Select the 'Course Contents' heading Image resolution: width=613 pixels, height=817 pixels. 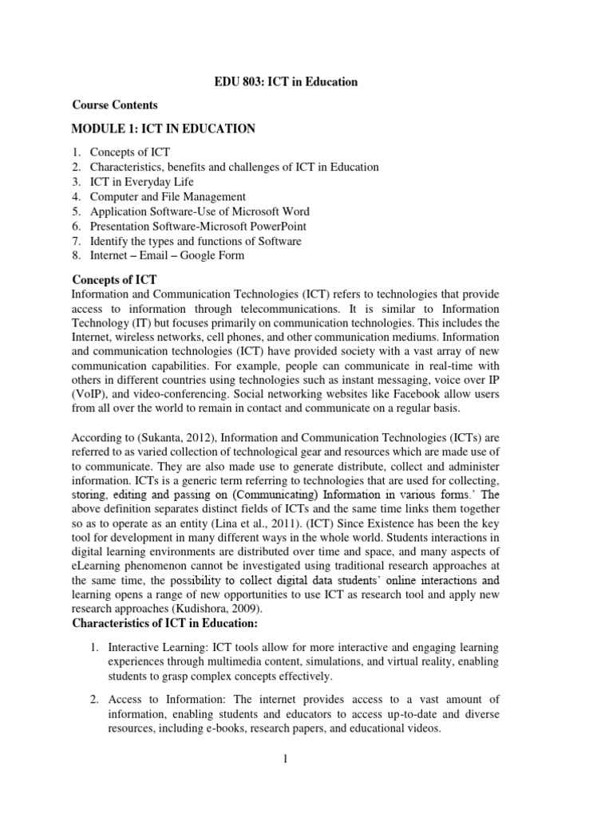pos(115,105)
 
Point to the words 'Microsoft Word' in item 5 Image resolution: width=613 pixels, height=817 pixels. pos(272,211)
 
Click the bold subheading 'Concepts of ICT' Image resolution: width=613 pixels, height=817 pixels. pos(114,280)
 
